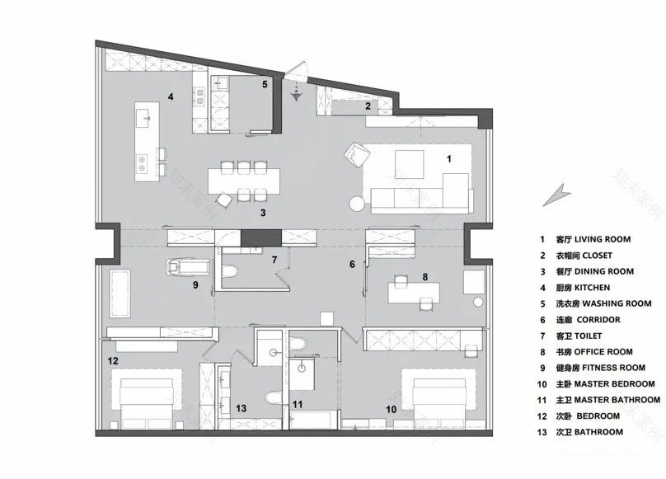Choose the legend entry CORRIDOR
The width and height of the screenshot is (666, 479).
[589, 320]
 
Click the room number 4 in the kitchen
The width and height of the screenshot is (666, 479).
[170, 97]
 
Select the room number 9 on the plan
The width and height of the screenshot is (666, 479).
[195, 285]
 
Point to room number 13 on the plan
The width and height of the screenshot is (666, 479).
[241, 408]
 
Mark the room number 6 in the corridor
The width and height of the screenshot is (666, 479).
[352, 265]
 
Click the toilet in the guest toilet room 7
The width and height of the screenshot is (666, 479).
[232, 270]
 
